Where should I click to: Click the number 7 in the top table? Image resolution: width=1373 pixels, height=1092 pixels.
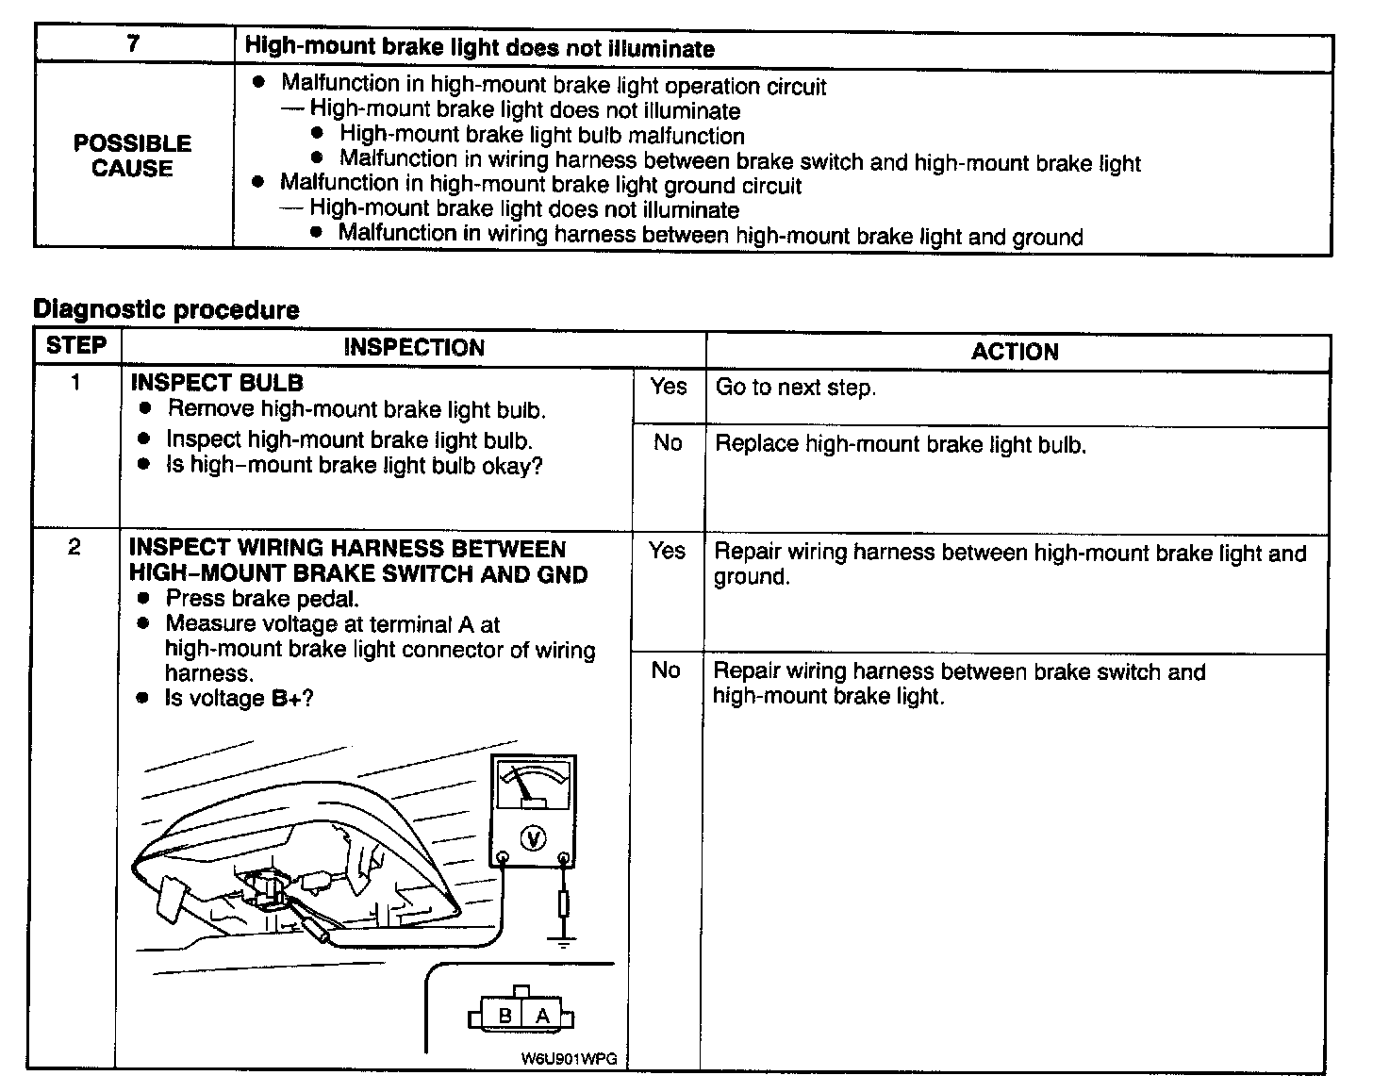pos(134,44)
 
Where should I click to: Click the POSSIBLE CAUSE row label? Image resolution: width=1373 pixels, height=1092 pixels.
pos(132,156)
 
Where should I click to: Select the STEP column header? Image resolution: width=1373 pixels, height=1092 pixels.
pos(75,345)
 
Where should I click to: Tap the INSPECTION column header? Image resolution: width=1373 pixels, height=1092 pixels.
pos(414,348)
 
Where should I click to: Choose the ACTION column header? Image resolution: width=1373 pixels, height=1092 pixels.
pos(1015,352)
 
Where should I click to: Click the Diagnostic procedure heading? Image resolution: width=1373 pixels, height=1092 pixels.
pos(166,309)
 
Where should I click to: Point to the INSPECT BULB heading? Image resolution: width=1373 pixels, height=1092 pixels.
pos(217,382)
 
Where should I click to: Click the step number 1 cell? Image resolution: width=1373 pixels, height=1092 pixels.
pos(75,383)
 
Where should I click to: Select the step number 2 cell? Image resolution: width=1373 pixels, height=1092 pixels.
pos(74,548)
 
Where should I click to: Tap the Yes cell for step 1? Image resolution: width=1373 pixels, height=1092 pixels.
pos(668,386)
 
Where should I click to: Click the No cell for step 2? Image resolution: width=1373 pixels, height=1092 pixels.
pos(666,670)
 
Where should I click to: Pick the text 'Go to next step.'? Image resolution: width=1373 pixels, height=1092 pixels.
pos(795,388)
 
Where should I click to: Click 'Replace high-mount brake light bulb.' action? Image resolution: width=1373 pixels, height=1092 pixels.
pos(901,444)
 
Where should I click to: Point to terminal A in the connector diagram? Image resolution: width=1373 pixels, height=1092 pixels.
pos(542,1016)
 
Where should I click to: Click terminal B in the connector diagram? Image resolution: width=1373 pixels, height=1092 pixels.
pos(505,1016)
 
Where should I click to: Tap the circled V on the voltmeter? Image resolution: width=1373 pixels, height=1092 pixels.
pos(533,837)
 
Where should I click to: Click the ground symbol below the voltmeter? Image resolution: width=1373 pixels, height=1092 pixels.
pos(563,940)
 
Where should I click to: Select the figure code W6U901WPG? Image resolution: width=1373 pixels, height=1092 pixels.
pos(569,1059)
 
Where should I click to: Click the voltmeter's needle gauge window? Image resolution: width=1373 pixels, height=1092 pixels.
pos(534,786)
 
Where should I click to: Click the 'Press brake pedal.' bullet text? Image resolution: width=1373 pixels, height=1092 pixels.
pos(262,599)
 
